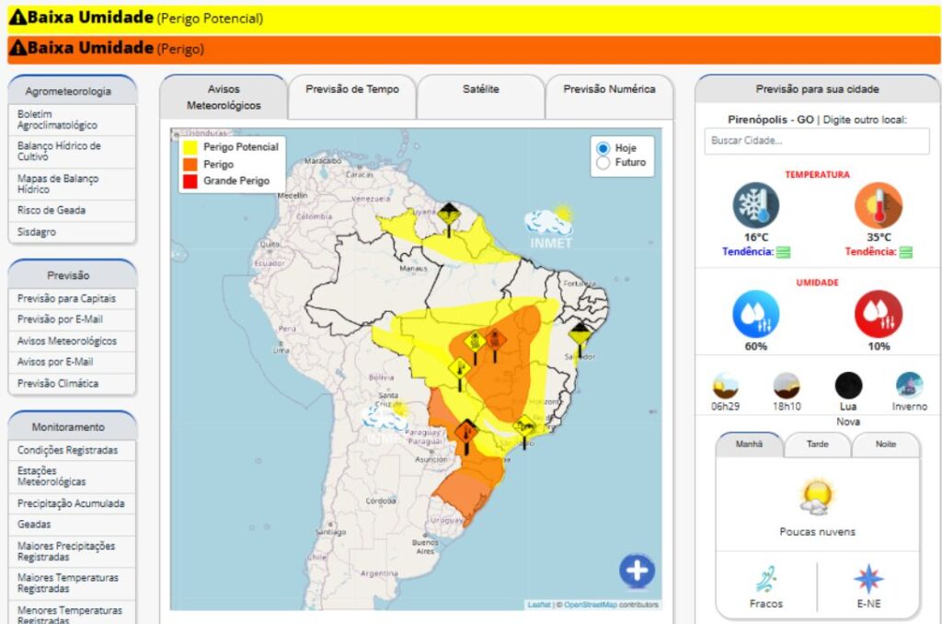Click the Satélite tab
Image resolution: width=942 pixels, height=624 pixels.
[x=480, y=89]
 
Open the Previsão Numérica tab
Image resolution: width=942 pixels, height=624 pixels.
[x=609, y=89]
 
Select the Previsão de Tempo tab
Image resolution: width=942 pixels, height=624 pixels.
[x=352, y=89]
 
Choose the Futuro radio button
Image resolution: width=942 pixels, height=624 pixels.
[x=603, y=163]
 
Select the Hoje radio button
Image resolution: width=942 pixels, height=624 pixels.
[x=603, y=148]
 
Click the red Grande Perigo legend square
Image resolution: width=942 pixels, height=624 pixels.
[x=190, y=180]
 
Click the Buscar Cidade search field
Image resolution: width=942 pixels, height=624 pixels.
[x=817, y=141]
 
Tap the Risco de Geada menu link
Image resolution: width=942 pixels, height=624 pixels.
[x=52, y=210]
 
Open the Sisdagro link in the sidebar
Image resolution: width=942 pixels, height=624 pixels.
[x=37, y=232]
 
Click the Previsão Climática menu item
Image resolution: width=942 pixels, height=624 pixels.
[x=58, y=383]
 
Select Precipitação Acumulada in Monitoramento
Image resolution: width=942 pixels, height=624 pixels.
[x=71, y=503]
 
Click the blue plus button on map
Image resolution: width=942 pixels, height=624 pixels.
[x=637, y=571]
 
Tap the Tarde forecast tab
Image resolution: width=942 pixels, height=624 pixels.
[x=817, y=444]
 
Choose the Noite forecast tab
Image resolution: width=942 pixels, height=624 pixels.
[x=886, y=444]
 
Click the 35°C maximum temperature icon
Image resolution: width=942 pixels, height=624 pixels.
[x=878, y=205]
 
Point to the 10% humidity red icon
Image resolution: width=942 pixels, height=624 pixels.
[x=878, y=314]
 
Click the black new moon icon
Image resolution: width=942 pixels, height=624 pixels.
[x=848, y=385]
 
